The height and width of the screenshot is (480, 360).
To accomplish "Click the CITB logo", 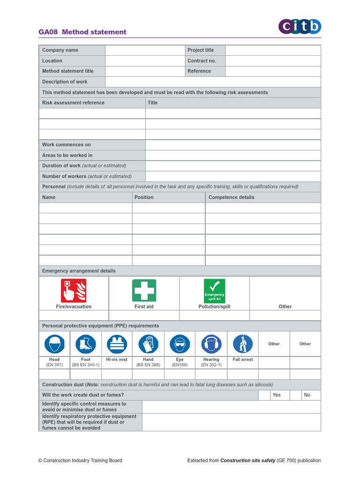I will [x=300, y=27].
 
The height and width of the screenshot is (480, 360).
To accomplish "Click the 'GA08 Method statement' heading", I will [x=82, y=32].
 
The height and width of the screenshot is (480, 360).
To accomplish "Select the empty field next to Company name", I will [x=145, y=50].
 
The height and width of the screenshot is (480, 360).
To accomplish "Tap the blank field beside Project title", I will [x=273, y=50].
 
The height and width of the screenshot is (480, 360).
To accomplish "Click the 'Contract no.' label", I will [x=202, y=61].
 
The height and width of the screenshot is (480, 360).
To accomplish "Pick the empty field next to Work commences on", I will [x=233, y=145].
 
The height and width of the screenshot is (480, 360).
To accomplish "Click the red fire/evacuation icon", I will [x=74, y=291].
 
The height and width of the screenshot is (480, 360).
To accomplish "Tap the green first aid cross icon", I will [x=144, y=291].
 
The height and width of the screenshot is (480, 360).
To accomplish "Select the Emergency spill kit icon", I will [x=214, y=291].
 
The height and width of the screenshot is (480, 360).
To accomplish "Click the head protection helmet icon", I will [x=54, y=344].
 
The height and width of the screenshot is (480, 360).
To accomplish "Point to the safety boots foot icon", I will [x=86, y=344].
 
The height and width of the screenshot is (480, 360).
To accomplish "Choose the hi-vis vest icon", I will [x=117, y=344].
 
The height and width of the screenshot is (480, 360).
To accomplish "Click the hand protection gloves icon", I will [x=148, y=344].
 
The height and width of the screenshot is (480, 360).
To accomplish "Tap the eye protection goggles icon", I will [x=180, y=344].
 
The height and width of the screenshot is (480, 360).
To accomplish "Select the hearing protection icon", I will [x=211, y=344].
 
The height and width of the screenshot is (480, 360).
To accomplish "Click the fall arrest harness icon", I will [x=242, y=344].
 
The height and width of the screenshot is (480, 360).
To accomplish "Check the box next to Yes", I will [x=264, y=395].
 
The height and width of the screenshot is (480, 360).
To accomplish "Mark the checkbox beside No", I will [x=295, y=395].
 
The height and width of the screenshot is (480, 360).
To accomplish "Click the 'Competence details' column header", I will [x=231, y=197].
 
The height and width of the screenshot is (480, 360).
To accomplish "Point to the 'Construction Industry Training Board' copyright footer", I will [x=80, y=460].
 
